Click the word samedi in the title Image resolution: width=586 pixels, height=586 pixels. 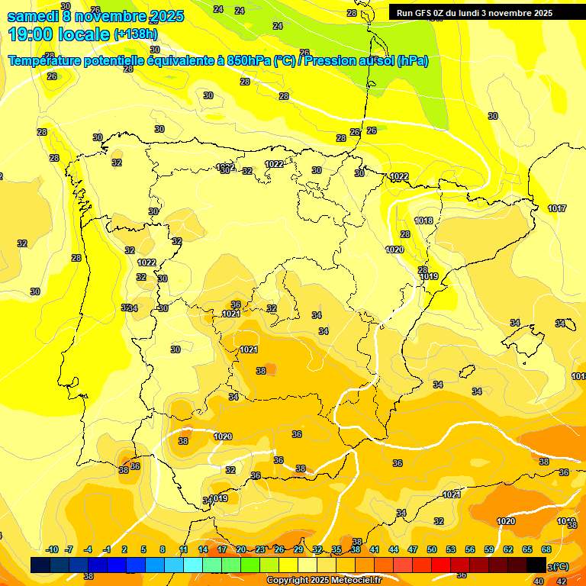31,16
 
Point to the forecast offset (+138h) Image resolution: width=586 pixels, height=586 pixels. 136,34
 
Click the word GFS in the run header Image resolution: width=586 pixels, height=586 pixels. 423,13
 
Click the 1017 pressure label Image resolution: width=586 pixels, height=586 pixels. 557,208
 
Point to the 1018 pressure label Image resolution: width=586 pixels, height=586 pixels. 423,221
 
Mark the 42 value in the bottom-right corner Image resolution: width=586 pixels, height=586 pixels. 562,581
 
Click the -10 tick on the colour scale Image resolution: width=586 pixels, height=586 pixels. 52,549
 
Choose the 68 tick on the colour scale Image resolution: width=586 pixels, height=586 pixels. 546,549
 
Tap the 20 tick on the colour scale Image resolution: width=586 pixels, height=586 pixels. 240,549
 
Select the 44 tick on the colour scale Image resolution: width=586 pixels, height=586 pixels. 393,549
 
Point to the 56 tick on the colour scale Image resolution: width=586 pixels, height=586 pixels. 470,549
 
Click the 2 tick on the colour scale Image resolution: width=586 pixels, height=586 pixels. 124,549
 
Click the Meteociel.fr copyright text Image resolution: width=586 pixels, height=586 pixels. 324,581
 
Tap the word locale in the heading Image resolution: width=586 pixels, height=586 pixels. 84,34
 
